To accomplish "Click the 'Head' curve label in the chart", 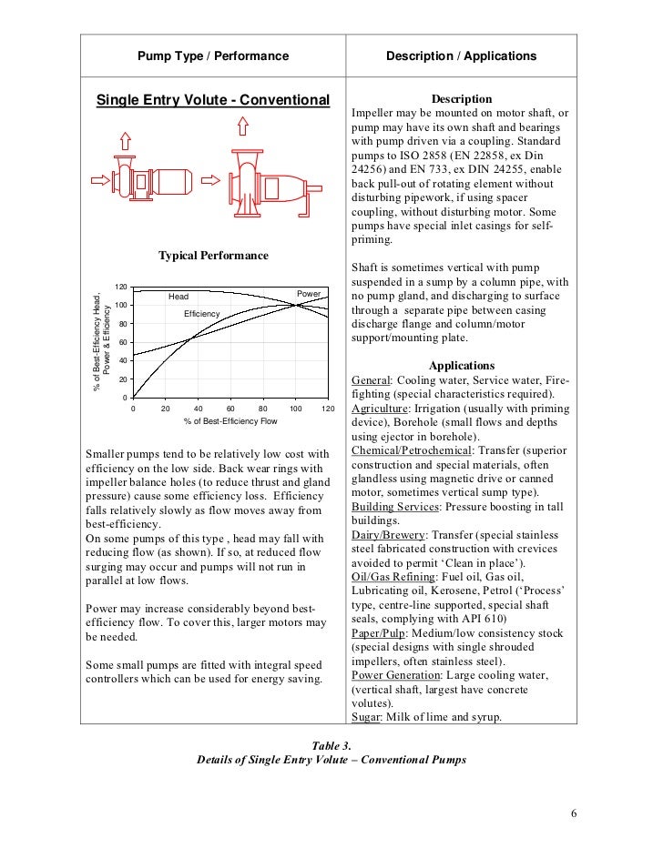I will coord(178,297).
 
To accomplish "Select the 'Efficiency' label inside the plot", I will coord(202,314).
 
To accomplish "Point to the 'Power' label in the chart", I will coord(309,294).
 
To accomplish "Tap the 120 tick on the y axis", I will coord(121,287).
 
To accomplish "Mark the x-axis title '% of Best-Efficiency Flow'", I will coord(229,422).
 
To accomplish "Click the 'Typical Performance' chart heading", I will coord(213,256).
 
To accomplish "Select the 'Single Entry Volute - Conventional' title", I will coord(212,98).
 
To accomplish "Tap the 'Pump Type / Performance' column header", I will coord(212,56).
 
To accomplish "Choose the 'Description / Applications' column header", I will coord(461,56).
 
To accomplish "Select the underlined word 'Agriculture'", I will coord(384,410).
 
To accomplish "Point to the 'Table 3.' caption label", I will coord(331,744).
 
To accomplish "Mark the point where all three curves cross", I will coord(295,305).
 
